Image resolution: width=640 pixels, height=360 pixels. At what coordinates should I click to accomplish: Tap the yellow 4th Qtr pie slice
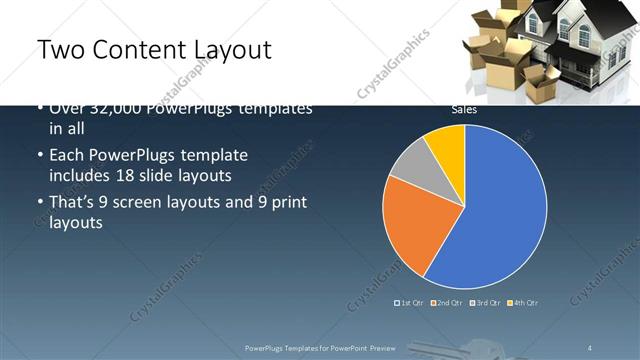point(447,147)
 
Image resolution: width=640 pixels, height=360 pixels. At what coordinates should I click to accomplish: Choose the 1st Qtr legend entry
point(409,302)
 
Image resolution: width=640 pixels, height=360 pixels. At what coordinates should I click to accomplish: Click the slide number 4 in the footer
point(590,347)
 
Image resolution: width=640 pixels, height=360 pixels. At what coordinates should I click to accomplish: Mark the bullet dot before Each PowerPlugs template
point(39,157)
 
